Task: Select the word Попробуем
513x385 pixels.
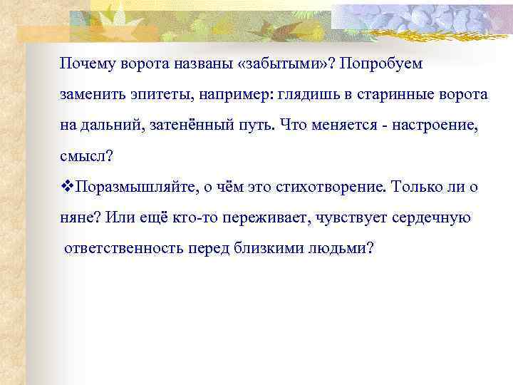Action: [x=381, y=64]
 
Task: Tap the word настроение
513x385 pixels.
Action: [x=423, y=125]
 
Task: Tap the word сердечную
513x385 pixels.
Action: [x=431, y=217]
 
